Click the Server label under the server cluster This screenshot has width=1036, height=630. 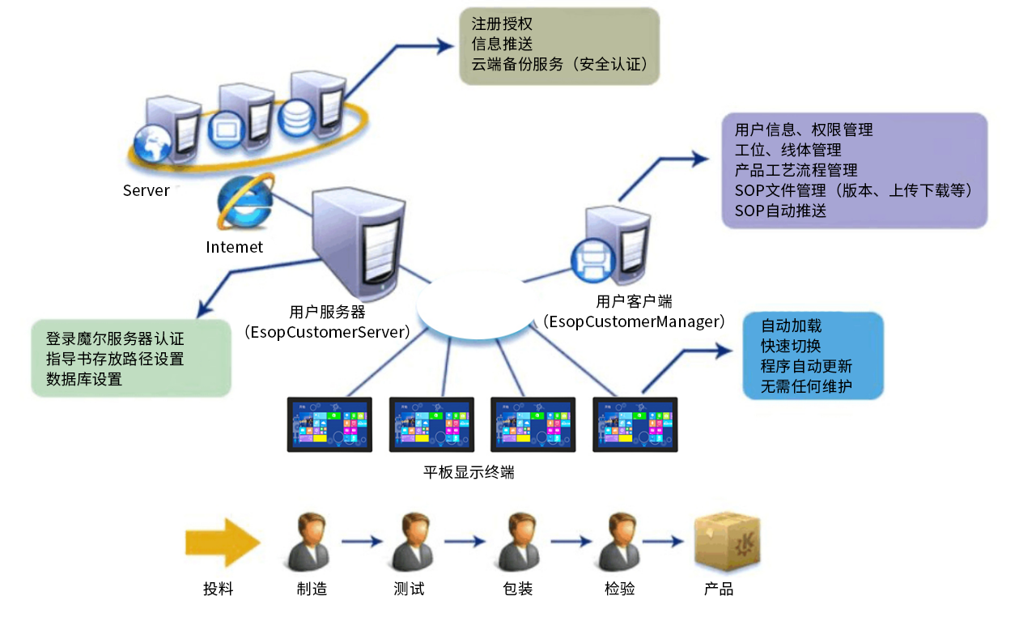click(x=146, y=191)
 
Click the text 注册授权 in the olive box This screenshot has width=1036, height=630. click(x=502, y=25)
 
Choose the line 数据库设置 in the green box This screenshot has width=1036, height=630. click(x=84, y=379)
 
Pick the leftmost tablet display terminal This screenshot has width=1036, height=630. click(x=329, y=424)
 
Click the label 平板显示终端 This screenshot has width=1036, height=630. click(x=469, y=472)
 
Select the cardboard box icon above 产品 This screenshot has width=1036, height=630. click(x=727, y=542)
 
